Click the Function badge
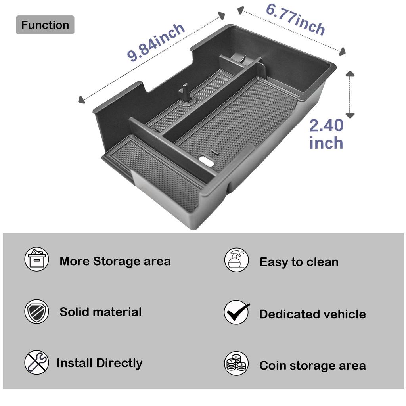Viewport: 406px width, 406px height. pos(45,25)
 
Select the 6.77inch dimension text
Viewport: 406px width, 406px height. pos(295,19)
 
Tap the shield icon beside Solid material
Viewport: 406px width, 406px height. pos(37,311)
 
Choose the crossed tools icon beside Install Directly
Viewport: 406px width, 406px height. pos(36,362)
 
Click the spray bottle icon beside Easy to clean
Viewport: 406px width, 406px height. pos(237,260)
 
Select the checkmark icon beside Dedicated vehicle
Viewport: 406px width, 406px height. pos(237,312)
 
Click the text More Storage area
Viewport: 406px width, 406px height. pos(115,261)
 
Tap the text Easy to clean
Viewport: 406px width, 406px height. pos(299,262)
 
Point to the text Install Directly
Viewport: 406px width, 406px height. pos(100,363)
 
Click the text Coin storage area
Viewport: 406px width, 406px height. pos(312,366)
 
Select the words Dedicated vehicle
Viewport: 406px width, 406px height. pos(312,314)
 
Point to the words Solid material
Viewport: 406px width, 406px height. pos(101,312)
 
